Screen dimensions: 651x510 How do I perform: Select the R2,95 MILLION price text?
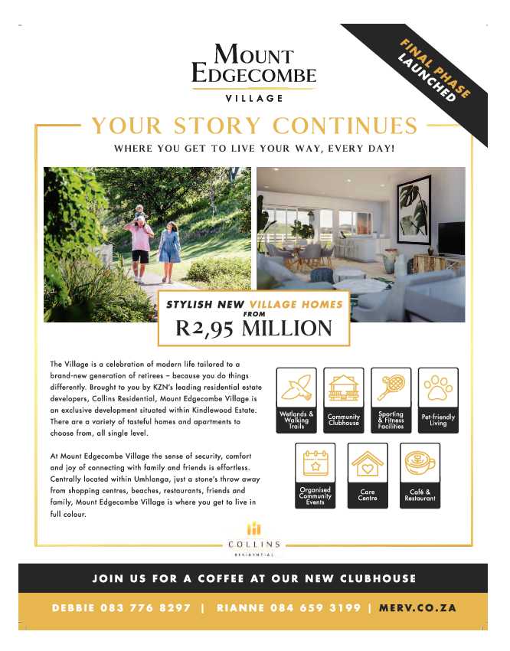tap(253, 329)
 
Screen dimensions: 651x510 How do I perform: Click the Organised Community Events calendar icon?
tap(315, 464)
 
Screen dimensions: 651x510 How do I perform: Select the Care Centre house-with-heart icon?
tap(368, 464)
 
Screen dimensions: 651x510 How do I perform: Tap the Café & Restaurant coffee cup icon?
tap(420, 464)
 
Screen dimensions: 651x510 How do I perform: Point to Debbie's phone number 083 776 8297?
tap(145, 608)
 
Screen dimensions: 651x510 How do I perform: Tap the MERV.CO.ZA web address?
tap(417, 608)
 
